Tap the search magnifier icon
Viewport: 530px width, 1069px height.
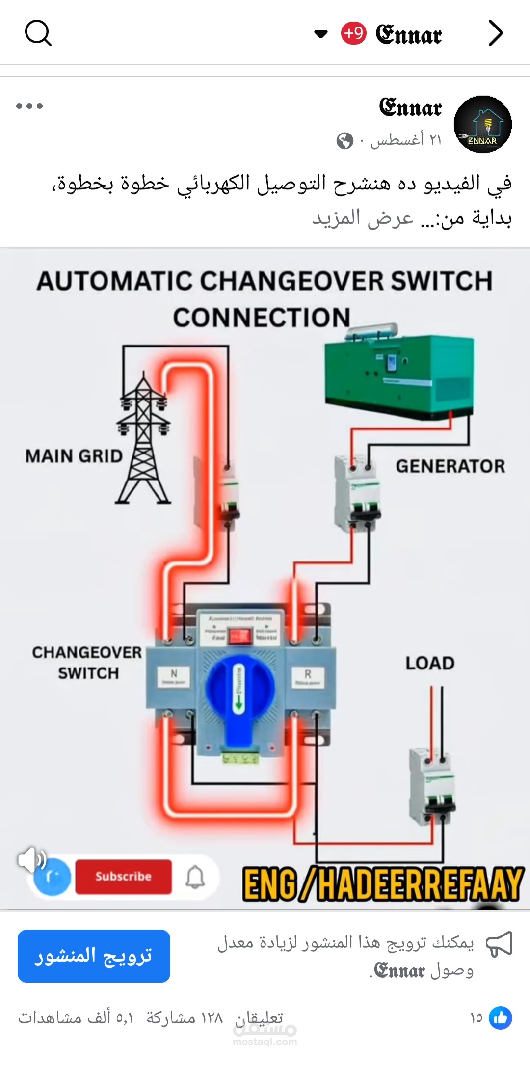(38, 33)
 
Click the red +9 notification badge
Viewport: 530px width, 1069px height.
(353, 33)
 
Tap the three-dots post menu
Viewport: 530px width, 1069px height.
(29, 106)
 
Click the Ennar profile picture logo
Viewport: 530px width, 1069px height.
(482, 124)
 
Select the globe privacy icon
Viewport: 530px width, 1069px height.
(344, 141)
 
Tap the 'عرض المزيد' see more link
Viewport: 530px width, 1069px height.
(363, 218)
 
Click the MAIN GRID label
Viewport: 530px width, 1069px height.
(74, 456)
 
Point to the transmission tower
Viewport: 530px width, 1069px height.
(143, 439)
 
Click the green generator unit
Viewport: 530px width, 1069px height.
(400, 373)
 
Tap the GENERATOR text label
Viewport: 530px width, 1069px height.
(450, 466)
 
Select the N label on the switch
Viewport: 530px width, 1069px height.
(173, 676)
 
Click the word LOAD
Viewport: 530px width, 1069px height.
(430, 664)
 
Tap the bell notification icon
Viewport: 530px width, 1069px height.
(195, 877)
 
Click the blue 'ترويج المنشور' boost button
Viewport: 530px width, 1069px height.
(94, 956)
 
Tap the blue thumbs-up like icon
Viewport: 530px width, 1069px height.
(501, 1018)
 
